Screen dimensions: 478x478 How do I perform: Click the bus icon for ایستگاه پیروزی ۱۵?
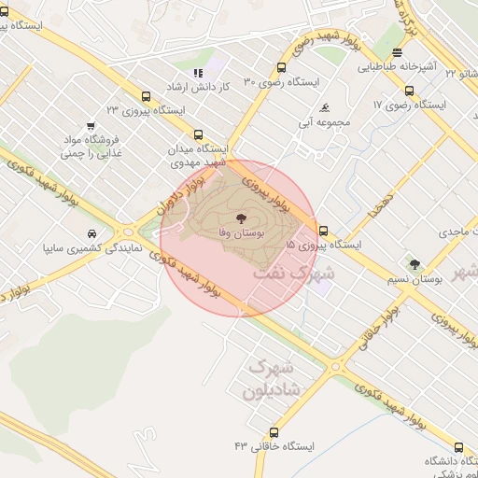(323, 231)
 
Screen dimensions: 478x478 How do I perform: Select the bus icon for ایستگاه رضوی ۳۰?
(281, 67)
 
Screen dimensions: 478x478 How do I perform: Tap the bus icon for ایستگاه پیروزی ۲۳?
(145, 95)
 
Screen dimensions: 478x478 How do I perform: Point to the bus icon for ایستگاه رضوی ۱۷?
(409, 91)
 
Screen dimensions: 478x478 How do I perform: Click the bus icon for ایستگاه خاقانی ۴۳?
(274, 432)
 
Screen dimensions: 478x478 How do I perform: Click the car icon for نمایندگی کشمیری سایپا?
(90, 234)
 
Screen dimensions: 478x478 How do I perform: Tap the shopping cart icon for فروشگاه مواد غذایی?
(91, 126)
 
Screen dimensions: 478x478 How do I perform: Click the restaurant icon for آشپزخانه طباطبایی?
(398, 53)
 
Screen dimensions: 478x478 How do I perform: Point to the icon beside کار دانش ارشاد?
(197, 73)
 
